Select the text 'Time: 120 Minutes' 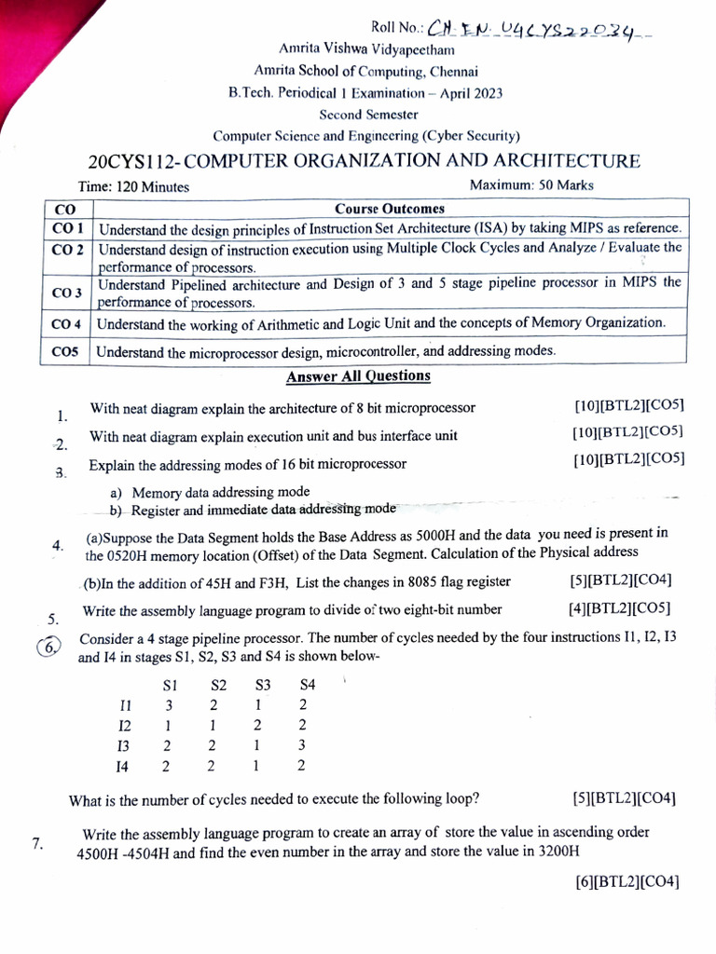(x=133, y=186)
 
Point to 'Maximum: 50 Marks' (x=531, y=185)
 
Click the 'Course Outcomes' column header (x=390, y=209)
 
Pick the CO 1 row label (x=68, y=228)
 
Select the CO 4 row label (x=68, y=324)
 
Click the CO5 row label (x=66, y=352)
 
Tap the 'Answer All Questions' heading (x=358, y=376)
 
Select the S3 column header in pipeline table (x=262, y=685)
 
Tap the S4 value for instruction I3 (x=301, y=745)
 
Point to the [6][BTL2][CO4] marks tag (x=627, y=880)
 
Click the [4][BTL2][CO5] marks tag (x=619, y=609)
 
